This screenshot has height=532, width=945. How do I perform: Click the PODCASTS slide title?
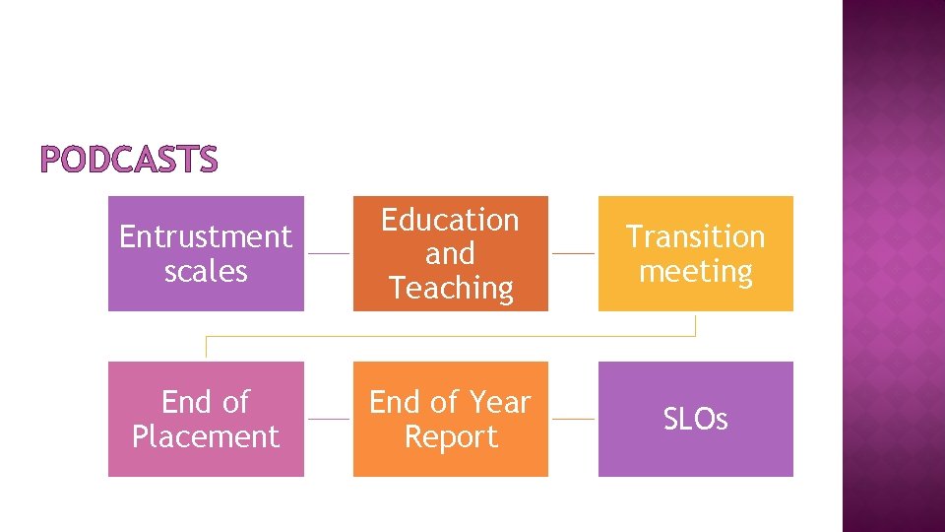129,160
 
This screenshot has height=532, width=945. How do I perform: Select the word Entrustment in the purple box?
206,236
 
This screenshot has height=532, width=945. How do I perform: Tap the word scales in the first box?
206,271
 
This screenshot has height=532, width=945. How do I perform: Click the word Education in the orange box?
450,220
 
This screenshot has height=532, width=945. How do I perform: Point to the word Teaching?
451,288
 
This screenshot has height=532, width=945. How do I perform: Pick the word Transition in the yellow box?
695,236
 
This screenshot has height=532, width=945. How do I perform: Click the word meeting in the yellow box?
695,271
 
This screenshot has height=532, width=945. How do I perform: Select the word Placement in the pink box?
206,436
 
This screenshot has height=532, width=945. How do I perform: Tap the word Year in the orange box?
500,402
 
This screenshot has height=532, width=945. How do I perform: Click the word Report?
451,436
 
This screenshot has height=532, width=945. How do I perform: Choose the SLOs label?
695,420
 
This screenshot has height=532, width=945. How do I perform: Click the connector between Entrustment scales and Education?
329,253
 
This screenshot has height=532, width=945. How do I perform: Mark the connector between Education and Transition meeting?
573,253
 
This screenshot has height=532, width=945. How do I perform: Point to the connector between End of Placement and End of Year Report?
329,419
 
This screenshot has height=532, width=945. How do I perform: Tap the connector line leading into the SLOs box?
573,419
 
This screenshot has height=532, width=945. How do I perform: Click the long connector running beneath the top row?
450,336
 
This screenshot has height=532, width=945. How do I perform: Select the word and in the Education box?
450,253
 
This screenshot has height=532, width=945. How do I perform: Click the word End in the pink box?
185,402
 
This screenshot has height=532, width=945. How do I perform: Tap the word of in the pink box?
234,402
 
